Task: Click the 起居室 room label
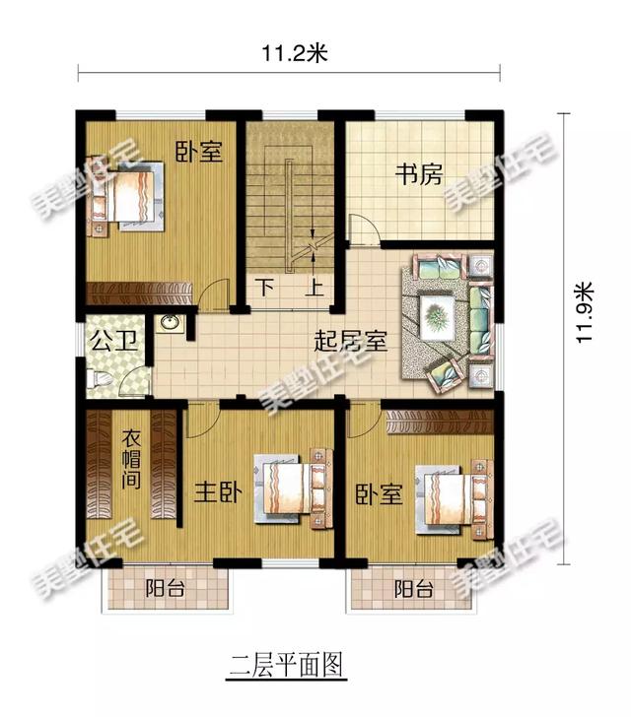click(x=350, y=343)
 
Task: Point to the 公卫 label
click(x=105, y=342)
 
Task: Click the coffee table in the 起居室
click(x=437, y=318)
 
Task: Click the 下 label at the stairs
click(x=267, y=289)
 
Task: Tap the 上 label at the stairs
click(x=316, y=289)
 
